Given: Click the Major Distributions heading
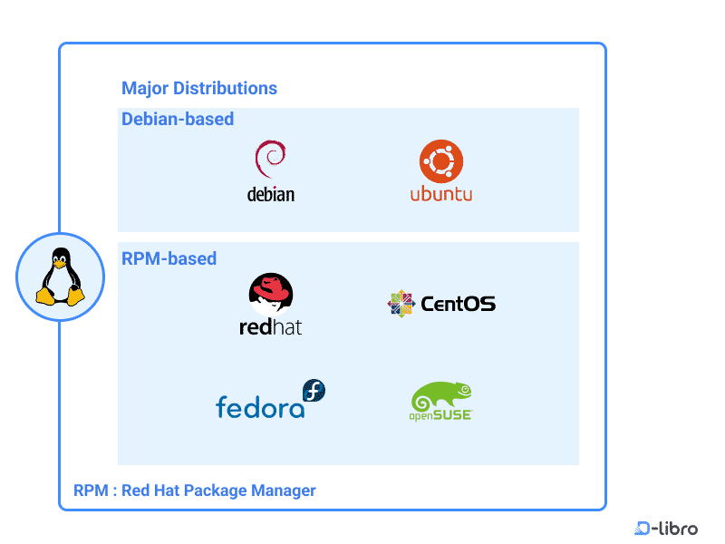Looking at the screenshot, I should [199, 89].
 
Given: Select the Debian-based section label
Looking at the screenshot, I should [178, 119].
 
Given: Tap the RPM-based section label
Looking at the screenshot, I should [169, 258].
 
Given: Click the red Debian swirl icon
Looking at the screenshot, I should [270, 160].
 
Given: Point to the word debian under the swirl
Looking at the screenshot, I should [270, 194].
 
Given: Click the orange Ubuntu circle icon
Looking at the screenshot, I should [441, 162].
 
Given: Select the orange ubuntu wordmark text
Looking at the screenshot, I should [441, 194].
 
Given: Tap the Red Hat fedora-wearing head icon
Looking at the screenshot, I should [271, 295].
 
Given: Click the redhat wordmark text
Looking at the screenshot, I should [270, 327].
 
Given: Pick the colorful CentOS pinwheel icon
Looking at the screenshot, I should [401, 304].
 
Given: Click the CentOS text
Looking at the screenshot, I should [458, 304].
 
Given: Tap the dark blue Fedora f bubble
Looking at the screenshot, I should [314, 392].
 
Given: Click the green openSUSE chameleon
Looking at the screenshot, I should [441, 396].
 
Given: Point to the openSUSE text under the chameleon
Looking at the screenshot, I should [440, 417].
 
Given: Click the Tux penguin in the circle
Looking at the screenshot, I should [60, 277].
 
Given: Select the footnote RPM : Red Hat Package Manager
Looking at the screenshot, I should [195, 491].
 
